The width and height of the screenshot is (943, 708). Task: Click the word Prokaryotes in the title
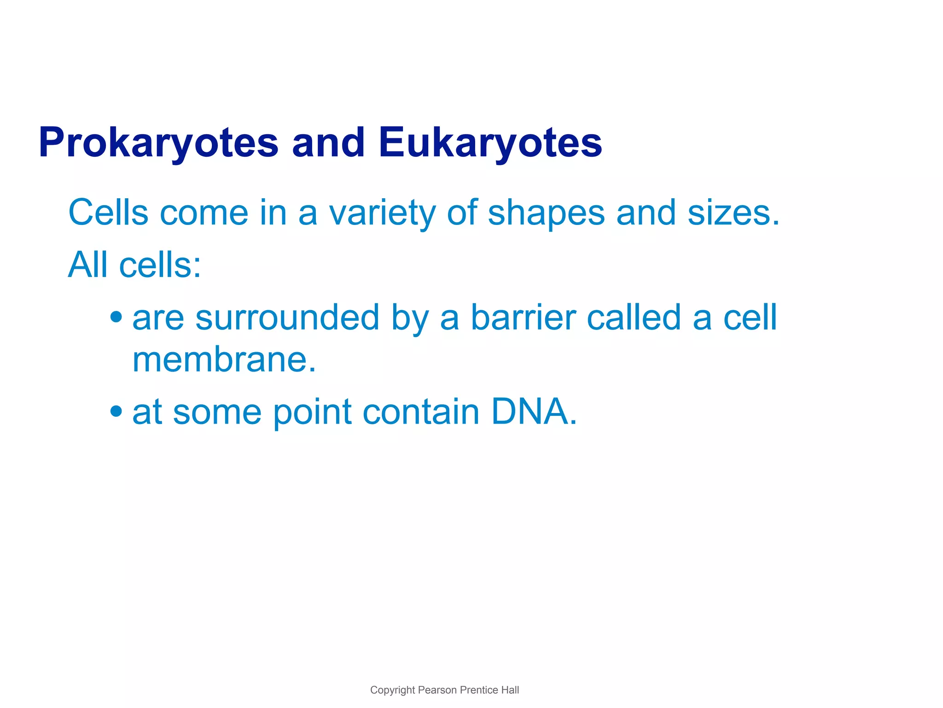[x=158, y=143]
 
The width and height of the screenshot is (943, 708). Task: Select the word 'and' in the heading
[x=328, y=143]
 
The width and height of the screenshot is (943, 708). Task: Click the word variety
[x=382, y=213]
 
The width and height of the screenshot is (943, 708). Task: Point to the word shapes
[x=546, y=213]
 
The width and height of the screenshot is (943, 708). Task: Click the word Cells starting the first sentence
[x=108, y=213]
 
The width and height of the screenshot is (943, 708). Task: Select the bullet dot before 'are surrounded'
[x=116, y=317]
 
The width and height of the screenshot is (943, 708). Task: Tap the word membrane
[x=224, y=360]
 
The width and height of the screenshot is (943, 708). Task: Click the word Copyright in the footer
[x=392, y=690]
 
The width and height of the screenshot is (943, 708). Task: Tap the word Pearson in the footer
[x=437, y=690]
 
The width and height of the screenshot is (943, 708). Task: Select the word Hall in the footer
[x=510, y=690]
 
